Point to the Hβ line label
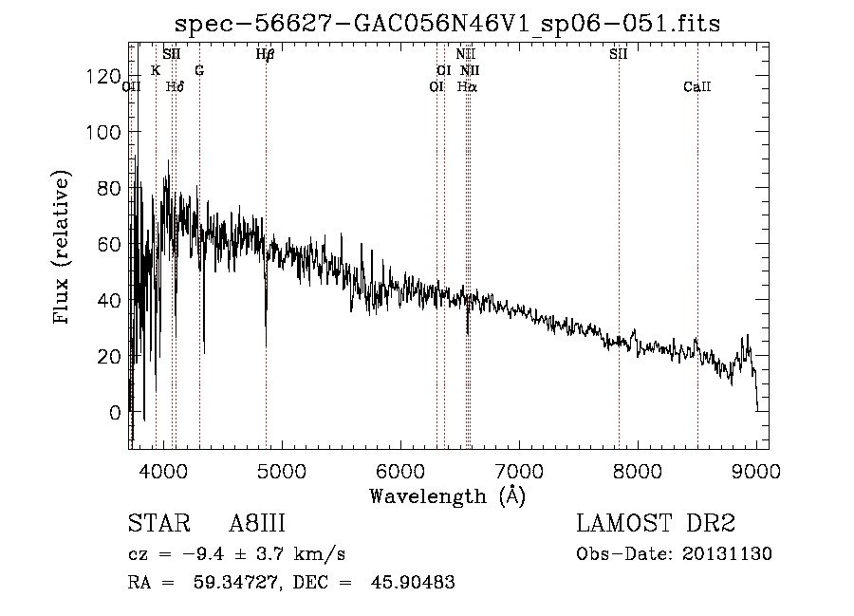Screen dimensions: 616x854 pyautogui.click(x=266, y=54)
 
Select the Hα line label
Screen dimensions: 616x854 pyautogui.click(x=467, y=87)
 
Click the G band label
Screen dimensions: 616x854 pyautogui.click(x=199, y=71)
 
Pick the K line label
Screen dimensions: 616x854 pyautogui.click(x=156, y=71)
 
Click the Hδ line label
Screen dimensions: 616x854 pyautogui.click(x=175, y=87)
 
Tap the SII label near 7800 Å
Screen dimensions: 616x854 pyautogui.click(x=619, y=54)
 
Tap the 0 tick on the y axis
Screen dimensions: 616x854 pyautogui.click(x=115, y=413)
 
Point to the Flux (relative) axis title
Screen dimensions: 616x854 pyautogui.click(x=63, y=249)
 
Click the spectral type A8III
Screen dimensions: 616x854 pyautogui.click(x=257, y=524)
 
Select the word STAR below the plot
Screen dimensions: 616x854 pyautogui.click(x=155, y=524)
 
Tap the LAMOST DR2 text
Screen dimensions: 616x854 pyautogui.click(x=656, y=524)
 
